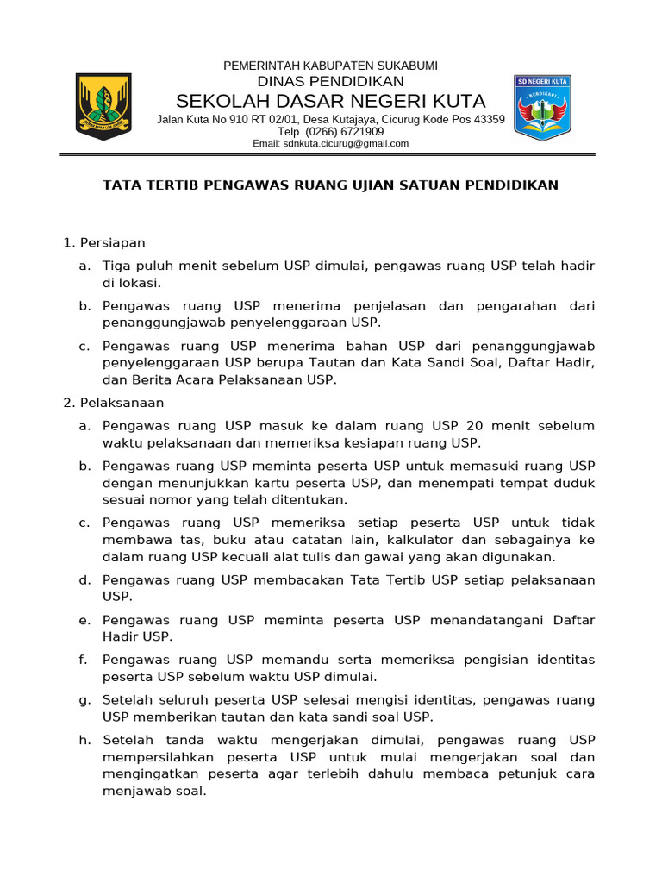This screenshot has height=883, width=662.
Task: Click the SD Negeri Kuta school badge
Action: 542,106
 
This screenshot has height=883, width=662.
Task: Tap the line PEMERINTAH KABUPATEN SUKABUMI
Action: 330,66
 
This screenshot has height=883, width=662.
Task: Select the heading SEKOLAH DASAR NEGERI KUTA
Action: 330,101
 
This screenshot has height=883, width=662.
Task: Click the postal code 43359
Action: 490,119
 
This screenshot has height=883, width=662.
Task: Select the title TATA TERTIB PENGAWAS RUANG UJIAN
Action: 330,185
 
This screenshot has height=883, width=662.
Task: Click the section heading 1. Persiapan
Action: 104,242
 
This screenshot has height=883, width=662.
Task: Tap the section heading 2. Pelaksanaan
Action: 114,403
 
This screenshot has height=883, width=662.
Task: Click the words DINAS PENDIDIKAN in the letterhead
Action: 330,82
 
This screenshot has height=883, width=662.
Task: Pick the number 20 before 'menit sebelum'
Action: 473,426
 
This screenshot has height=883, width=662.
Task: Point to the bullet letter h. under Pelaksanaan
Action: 84,740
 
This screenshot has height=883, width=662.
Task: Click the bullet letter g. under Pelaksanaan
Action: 84,699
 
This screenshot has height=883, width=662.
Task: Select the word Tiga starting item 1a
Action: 117,266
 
